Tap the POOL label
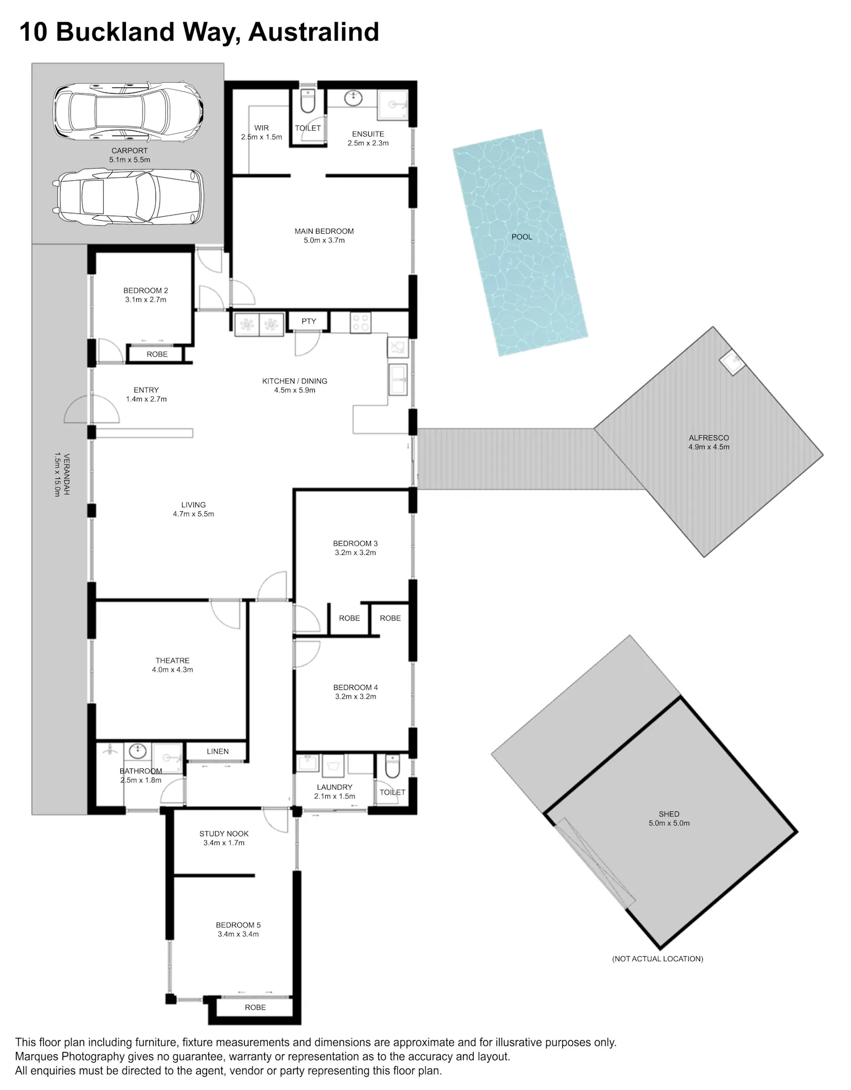coord(522,237)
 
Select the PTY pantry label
coord(309,321)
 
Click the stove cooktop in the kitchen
coord(360,322)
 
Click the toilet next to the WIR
coord(307,102)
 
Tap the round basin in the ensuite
coord(353,98)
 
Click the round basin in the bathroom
coord(138,752)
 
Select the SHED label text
coord(669,814)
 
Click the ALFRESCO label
coord(709,437)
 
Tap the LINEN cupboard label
coord(218,751)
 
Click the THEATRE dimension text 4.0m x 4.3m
coord(172,670)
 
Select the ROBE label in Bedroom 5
coord(255,1007)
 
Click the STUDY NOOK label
coord(224,834)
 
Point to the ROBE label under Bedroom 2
coord(157,354)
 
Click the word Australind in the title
coord(314,32)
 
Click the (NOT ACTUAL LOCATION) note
coord(658,958)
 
